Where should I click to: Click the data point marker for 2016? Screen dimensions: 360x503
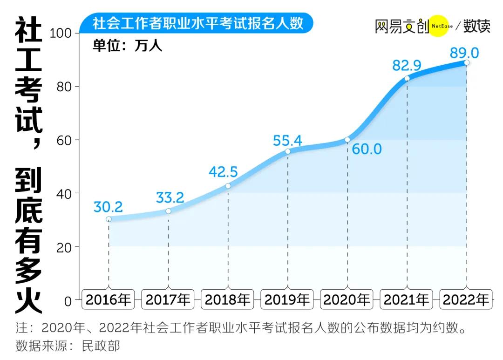click(109, 219)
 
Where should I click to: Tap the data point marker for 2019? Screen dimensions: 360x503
click(288, 151)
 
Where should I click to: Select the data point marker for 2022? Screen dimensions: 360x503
click(467, 63)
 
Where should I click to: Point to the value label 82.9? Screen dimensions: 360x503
click(407, 66)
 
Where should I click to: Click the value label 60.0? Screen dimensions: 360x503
click(367, 149)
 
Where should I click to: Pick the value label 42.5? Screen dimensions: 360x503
click(223, 172)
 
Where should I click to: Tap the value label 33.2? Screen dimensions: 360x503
click(170, 197)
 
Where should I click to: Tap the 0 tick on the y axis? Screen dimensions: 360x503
click(68, 300)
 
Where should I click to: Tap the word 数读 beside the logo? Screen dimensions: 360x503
click(476, 26)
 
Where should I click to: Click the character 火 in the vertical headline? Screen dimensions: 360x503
click(28, 300)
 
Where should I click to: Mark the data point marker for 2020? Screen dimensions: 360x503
click(347, 140)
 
